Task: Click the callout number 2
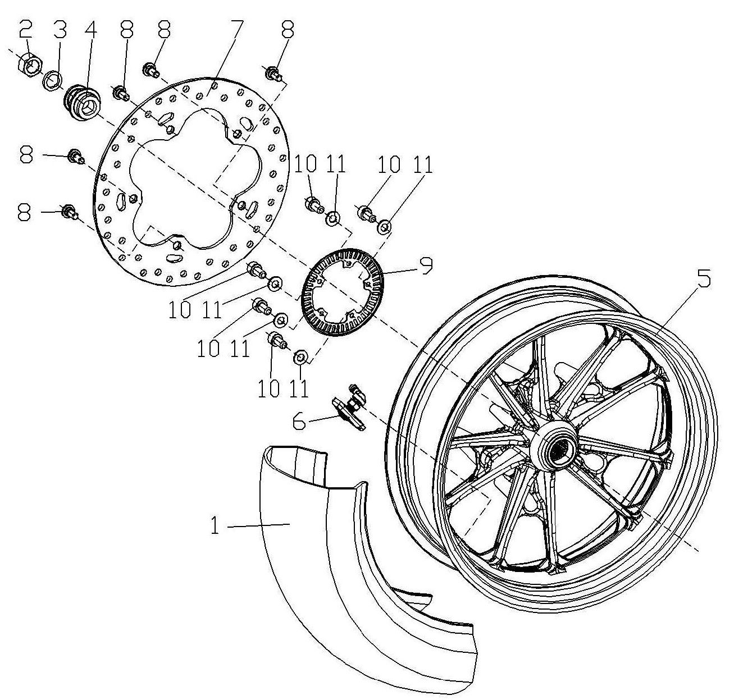(26, 30)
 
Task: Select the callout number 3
(60, 30)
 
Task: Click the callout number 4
(89, 30)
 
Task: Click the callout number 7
(234, 30)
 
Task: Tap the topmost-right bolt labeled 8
(275, 74)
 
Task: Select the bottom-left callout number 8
(25, 212)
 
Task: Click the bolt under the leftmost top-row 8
(121, 93)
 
